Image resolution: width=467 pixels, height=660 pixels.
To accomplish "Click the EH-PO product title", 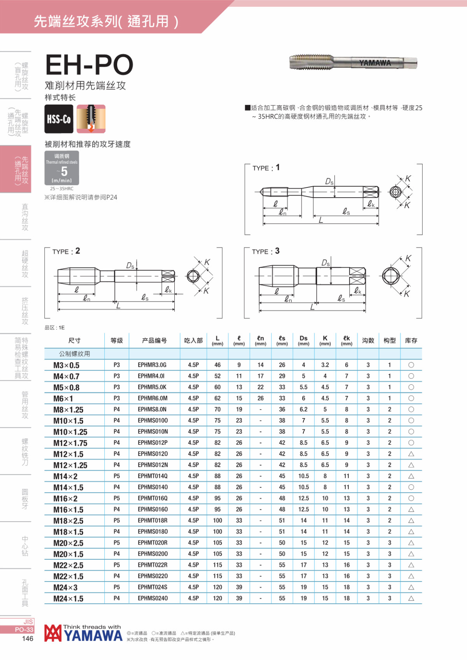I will pyautogui.click(x=90, y=65).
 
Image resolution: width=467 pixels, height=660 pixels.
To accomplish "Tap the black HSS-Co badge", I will pyautogui.click(x=59, y=119).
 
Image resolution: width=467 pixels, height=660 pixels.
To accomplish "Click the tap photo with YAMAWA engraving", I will pyautogui.click(x=353, y=63).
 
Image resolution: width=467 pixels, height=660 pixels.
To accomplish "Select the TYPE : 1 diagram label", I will pyautogui.click(x=266, y=168).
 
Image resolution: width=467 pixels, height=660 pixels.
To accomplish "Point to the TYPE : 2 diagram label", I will pyautogui.click(x=66, y=251).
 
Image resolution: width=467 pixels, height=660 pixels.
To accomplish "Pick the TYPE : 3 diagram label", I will pyautogui.click(x=266, y=251).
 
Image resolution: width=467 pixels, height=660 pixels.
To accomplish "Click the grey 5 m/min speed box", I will pyautogui.click(x=62, y=168).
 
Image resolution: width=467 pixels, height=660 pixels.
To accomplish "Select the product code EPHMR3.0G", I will pyautogui.click(x=152, y=365).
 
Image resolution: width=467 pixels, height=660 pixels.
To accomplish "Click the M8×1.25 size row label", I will pyautogui.click(x=68, y=410).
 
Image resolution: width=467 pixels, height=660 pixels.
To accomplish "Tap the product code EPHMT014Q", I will pyautogui.click(x=153, y=476).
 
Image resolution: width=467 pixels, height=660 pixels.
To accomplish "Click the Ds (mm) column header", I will pyautogui.click(x=304, y=340).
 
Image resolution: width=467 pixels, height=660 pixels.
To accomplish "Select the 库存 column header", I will pyautogui.click(x=411, y=341).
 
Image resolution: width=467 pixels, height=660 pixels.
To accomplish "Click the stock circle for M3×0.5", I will pyautogui.click(x=411, y=365).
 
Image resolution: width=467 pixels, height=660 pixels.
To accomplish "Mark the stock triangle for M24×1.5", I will pyautogui.click(x=411, y=599).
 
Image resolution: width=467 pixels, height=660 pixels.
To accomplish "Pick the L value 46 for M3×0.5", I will pyautogui.click(x=218, y=365).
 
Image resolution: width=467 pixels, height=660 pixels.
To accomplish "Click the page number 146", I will pyautogui.click(x=28, y=639).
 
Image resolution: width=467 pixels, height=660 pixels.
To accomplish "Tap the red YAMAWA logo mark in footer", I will pyautogui.click(x=53, y=633).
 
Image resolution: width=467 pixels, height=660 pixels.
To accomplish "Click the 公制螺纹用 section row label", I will pyautogui.click(x=74, y=354).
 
